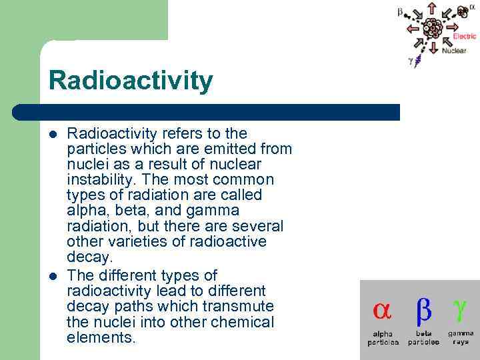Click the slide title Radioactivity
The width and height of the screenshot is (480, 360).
tap(131, 81)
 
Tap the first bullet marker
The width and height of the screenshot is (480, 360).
tap(53, 133)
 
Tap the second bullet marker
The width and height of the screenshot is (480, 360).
tap(53, 276)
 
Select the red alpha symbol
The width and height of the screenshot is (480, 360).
tap(382, 310)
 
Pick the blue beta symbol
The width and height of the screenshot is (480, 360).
tap(424, 310)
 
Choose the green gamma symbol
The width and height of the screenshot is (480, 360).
tap(460, 308)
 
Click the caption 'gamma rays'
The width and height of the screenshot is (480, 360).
tap(461, 337)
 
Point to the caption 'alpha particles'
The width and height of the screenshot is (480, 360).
tap(383, 338)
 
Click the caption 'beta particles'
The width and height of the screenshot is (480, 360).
tap(423, 338)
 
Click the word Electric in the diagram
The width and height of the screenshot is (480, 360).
tap(464, 37)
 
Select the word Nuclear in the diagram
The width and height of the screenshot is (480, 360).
tap(454, 51)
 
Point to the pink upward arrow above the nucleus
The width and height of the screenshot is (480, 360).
tap(432, 9)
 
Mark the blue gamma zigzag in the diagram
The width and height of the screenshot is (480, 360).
tap(418, 62)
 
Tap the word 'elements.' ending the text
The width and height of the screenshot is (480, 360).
tap(101, 337)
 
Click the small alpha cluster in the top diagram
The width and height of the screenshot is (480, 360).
tap(461, 11)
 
